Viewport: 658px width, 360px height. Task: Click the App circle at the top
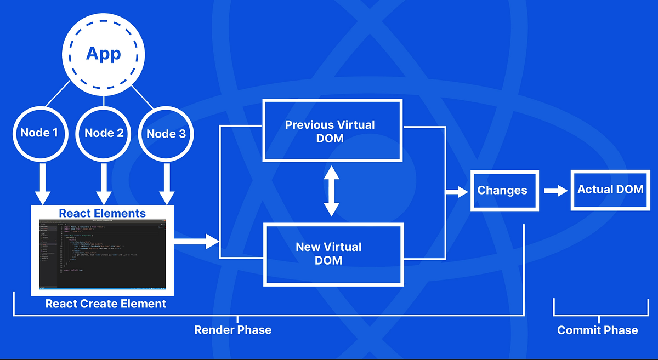(104, 54)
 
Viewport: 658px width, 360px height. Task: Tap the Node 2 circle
(104, 133)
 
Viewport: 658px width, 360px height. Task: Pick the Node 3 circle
(166, 133)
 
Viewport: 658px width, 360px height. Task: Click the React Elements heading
(103, 213)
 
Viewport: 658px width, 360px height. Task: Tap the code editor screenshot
(103, 255)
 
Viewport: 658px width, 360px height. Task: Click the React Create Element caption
(105, 304)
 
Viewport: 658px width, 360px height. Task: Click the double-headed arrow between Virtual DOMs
(331, 192)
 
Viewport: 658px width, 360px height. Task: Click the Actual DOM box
(610, 190)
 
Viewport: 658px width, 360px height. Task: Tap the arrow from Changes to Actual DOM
(555, 191)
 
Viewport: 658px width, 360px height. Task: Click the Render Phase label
(233, 330)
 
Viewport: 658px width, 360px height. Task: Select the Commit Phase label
(597, 330)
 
